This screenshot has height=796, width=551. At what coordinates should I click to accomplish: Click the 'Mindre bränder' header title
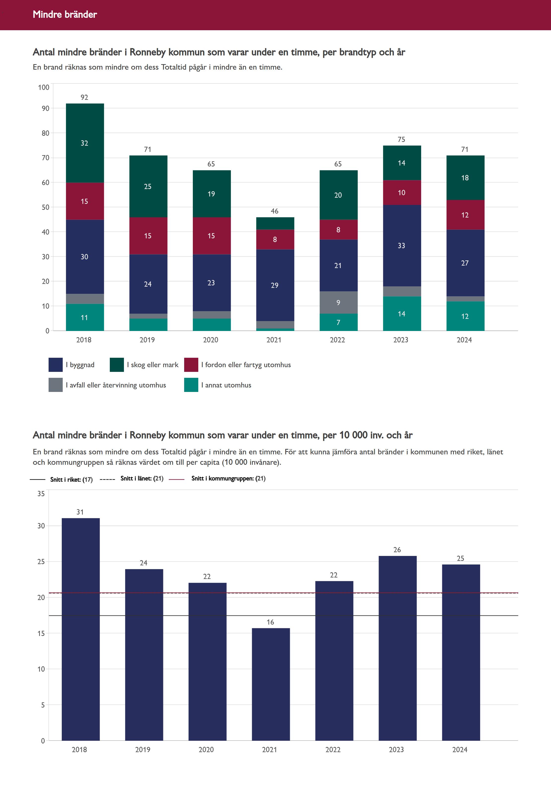pyautogui.click(x=65, y=14)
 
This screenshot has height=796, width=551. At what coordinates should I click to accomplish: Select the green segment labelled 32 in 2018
pyautogui.click(x=85, y=143)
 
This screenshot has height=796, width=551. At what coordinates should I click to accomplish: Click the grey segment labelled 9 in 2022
pyautogui.click(x=338, y=302)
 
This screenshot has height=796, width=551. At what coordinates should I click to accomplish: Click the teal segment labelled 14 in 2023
pyautogui.click(x=402, y=313)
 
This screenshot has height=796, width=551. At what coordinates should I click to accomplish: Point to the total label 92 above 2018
pyautogui.click(x=85, y=97)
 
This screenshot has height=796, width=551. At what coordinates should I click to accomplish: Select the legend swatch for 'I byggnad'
pyautogui.click(x=56, y=365)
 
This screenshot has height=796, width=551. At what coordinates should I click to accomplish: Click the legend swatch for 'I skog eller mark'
pyautogui.click(x=117, y=365)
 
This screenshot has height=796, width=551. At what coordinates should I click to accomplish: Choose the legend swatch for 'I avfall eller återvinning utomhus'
pyautogui.click(x=56, y=385)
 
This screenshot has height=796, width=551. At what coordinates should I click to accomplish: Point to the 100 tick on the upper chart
pyautogui.click(x=44, y=87)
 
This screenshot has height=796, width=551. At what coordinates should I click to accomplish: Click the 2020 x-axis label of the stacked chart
pyautogui.click(x=211, y=340)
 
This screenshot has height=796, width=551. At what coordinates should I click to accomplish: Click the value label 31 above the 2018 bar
pyautogui.click(x=80, y=512)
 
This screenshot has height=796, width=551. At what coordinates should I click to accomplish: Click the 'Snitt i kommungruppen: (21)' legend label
pyautogui.click(x=228, y=478)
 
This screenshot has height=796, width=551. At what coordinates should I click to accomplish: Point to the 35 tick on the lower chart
pyautogui.click(x=41, y=494)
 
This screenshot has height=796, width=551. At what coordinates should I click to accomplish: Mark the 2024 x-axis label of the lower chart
pyautogui.click(x=460, y=749)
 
